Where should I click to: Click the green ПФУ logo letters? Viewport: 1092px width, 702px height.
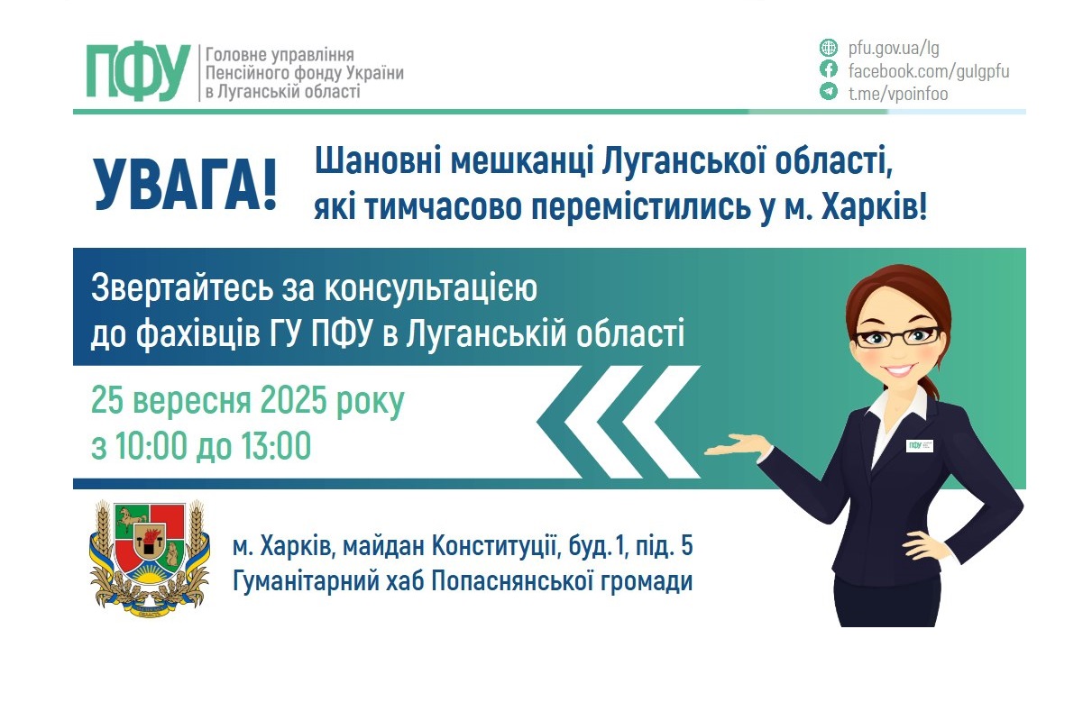(x=138, y=71)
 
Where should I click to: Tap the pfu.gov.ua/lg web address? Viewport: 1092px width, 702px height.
(x=894, y=49)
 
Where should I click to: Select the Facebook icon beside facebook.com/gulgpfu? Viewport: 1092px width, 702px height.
(x=828, y=70)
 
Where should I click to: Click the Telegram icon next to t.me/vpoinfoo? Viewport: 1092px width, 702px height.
(x=828, y=92)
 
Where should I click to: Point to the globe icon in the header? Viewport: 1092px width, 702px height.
(x=828, y=49)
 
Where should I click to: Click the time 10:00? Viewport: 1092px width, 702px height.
(x=145, y=446)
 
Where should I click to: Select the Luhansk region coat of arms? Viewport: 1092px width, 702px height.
(x=150, y=560)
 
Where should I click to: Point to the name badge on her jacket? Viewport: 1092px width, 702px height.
(x=919, y=445)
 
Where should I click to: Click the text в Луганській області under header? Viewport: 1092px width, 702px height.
(x=282, y=91)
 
